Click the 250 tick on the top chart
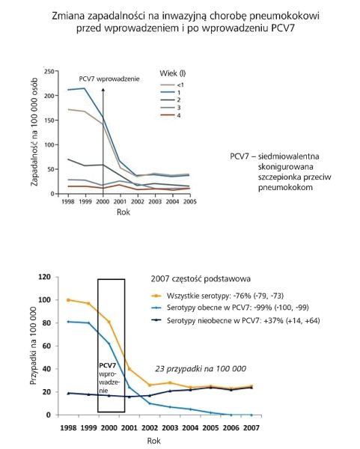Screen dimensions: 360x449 [49, 71]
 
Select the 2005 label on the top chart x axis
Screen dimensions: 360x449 [189, 201]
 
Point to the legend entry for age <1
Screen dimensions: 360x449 [172, 85]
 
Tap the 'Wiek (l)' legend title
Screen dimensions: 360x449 [173, 73]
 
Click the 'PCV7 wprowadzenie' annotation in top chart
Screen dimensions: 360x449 [109, 79]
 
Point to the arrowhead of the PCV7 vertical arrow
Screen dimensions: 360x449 [103, 90]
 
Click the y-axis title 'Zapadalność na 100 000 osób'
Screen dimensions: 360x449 [34, 132]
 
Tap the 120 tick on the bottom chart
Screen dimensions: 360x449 [44, 277]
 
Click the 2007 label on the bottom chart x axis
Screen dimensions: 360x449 [251, 428]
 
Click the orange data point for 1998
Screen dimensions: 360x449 [68, 300]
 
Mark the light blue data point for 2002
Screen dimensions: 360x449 [150, 403]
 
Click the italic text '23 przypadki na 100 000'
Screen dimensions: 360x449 [201, 369]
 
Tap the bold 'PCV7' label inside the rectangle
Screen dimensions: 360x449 [107, 366]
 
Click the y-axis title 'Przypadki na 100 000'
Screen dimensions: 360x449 [34, 346]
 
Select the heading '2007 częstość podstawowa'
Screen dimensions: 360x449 [201, 279]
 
